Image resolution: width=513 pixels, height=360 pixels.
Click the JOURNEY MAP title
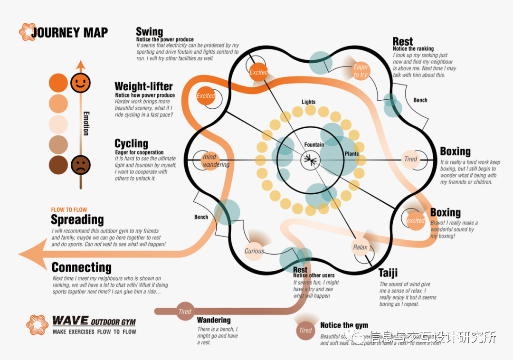(69, 32)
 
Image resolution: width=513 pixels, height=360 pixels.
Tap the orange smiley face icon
(80, 83)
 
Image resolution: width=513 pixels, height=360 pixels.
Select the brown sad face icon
(80, 164)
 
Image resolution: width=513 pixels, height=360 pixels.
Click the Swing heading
(149, 32)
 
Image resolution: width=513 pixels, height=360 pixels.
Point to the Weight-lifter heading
(143, 86)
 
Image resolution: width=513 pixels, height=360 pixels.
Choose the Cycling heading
(131, 143)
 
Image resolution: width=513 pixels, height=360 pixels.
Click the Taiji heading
(388, 273)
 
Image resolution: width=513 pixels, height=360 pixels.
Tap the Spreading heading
(77, 219)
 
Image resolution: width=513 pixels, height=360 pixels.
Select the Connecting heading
(81, 267)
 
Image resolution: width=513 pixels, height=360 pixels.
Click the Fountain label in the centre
(314, 145)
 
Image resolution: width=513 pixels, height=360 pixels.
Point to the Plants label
(351, 154)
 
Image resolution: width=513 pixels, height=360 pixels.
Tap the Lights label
(308, 102)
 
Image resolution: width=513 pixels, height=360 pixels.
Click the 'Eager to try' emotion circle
(361, 71)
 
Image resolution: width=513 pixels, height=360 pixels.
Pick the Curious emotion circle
(254, 251)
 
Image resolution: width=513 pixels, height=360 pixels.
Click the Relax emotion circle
(360, 247)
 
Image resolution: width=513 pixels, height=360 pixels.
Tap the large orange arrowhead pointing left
(33, 255)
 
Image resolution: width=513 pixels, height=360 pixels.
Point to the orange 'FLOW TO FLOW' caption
(69, 209)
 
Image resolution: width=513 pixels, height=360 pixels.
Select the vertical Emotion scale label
(86, 123)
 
